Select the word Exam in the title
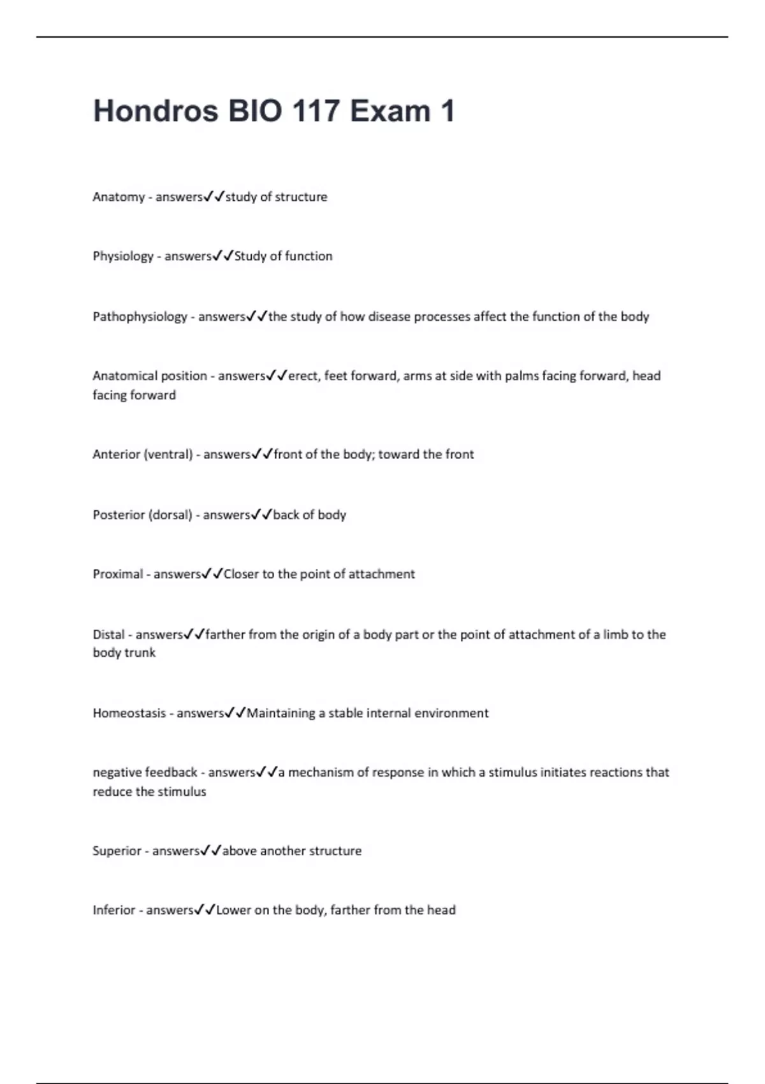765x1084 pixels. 390,111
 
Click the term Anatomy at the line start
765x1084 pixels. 119,197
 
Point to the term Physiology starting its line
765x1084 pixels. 123,256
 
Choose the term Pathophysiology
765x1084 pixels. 140,317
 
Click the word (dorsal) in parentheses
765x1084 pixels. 170,515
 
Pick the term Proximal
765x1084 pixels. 118,575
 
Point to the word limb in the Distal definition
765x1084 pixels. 615,635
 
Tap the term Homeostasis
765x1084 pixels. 129,714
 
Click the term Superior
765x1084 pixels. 117,851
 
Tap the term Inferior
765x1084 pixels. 114,911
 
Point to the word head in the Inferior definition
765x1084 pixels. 441,911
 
